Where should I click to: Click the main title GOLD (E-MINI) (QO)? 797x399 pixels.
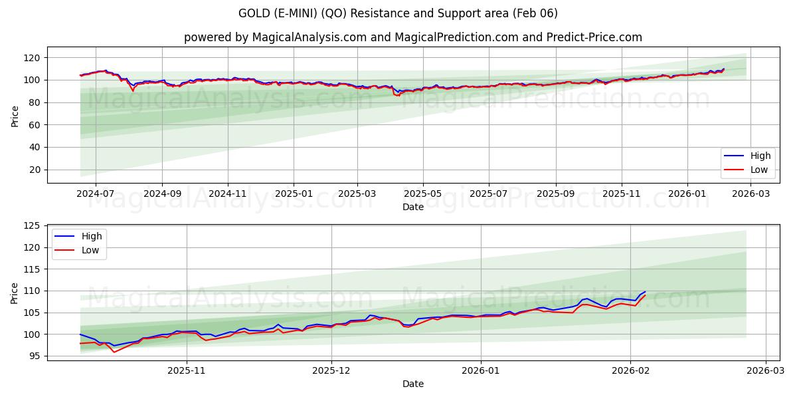398,13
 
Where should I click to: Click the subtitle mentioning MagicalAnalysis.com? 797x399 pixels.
412,37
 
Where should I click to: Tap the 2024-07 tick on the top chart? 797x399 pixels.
95,194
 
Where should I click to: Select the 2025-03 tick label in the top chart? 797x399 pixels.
357,194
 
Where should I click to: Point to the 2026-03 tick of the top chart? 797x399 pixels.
751,194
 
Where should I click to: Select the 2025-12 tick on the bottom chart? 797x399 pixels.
331,370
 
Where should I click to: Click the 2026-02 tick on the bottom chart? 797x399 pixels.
630,370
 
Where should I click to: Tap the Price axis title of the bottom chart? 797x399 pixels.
15,293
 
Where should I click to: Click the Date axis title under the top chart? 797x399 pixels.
412,207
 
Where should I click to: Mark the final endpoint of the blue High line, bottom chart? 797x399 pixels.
645,291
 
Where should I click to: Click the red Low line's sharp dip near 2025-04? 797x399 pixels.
397,96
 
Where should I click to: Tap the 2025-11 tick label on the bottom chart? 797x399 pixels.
187,370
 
